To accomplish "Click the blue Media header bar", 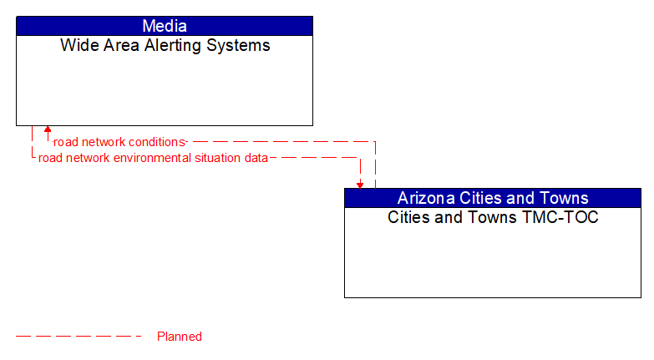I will click(x=165, y=26).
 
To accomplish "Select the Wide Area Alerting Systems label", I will click(x=165, y=46).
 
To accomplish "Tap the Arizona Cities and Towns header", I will click(x=493, y=198).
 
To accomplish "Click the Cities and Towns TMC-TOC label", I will click(x=493, y=218).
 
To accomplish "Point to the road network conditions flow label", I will click(x=119, y=142).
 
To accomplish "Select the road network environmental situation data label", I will click(x=153, y=157).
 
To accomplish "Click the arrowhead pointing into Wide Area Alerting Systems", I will click(x=48, y=129).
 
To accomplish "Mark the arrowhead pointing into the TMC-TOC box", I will click(x=360, y=185).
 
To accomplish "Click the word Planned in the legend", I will click(x=180, y=337).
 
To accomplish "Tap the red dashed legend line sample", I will click(x=79, y=337).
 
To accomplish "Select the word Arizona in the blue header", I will click(x=426, y=198).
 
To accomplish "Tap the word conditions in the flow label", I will click(x=153, y=142).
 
